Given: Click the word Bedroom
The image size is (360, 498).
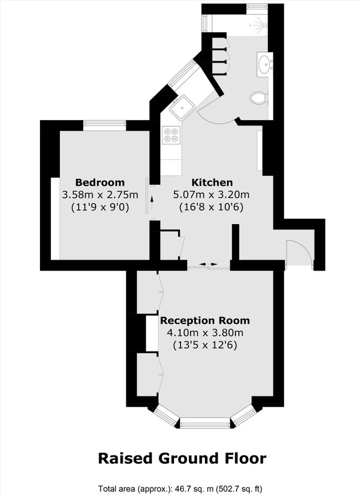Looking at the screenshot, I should pos(100,183).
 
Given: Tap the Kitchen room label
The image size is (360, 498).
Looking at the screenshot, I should pos(212,183).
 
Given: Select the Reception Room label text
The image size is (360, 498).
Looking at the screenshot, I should pos(204,320).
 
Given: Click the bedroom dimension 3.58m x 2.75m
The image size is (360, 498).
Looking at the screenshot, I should pos(100,195).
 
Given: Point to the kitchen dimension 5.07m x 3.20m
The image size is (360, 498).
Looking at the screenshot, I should pos(212,195).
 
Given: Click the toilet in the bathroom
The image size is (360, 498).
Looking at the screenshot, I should pos(259,98).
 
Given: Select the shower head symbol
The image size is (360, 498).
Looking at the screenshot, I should pos(259,23).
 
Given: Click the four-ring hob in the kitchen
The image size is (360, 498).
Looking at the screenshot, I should pos(171,135).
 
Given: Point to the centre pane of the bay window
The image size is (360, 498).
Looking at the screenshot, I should pos(205,424).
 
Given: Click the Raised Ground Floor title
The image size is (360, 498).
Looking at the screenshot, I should pos(182,458).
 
